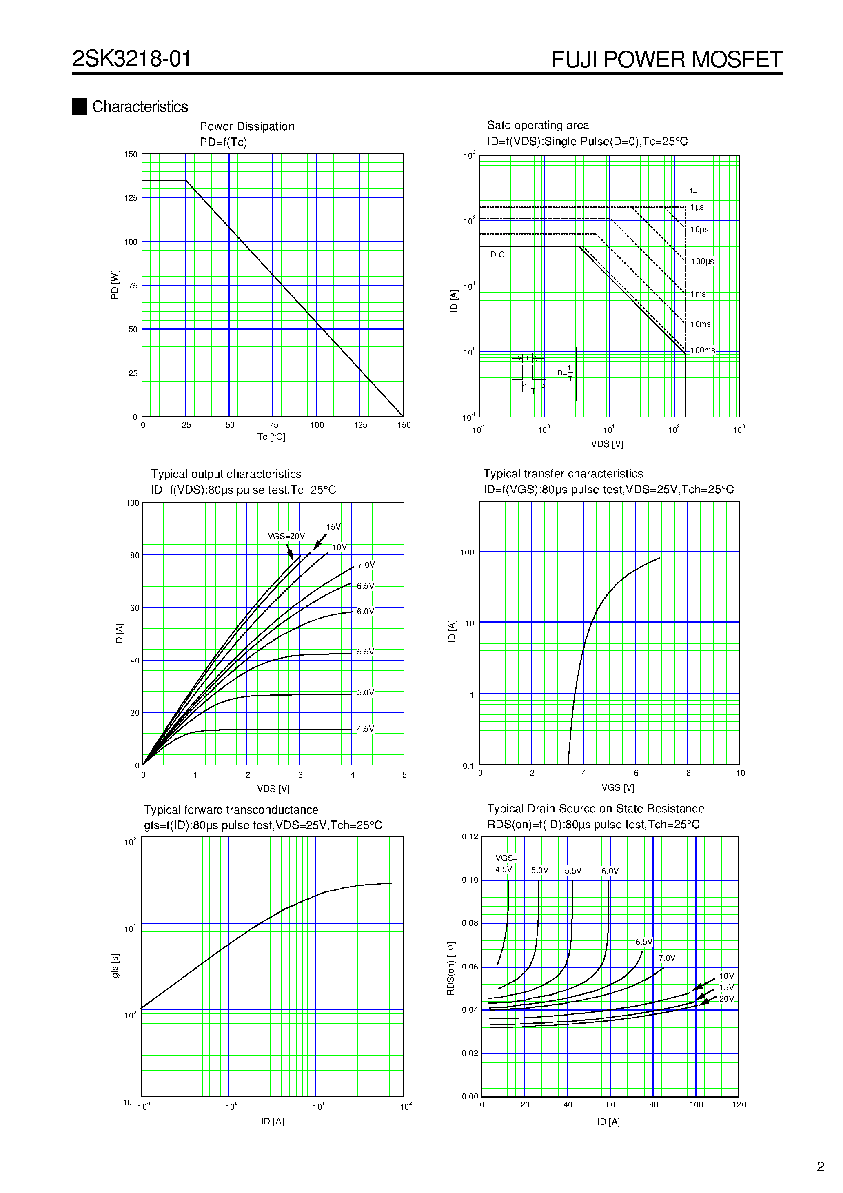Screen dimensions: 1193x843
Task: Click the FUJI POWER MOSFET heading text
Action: point(666,60)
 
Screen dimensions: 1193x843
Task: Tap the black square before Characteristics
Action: point(79,106)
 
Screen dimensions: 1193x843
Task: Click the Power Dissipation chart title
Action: point(247,126)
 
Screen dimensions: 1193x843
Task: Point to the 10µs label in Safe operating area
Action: point(699,230)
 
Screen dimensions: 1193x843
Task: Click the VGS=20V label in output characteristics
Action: point(286,536)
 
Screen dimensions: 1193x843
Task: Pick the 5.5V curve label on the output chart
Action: point(365,652)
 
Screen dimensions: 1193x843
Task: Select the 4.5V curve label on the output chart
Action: point(365,728)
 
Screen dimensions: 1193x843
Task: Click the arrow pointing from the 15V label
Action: point(319,542)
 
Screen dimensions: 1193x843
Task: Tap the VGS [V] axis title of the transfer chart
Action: point(617,788)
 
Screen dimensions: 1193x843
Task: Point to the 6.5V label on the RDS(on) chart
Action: point(643,942)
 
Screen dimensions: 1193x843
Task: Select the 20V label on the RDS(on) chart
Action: point(726,999)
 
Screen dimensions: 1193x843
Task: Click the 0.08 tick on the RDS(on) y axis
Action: point(470,923)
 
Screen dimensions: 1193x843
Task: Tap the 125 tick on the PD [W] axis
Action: point(131,198)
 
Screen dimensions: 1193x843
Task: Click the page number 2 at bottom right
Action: point(820,1166)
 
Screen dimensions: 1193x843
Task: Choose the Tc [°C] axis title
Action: point(271,437)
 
